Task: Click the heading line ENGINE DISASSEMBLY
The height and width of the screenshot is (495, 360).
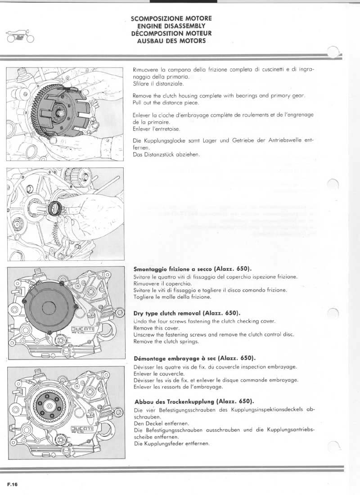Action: click(x=171, y=26)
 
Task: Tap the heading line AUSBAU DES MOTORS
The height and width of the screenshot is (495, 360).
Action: click(x=171, y=40)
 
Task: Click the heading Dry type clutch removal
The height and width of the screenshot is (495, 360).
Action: click(x=187, y=313)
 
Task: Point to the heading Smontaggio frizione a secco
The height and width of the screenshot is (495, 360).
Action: click(x=193, y=268)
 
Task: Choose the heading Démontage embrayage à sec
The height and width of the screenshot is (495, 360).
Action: click(x=195, y=359)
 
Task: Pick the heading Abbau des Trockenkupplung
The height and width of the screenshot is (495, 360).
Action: click(x=193, y=401)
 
